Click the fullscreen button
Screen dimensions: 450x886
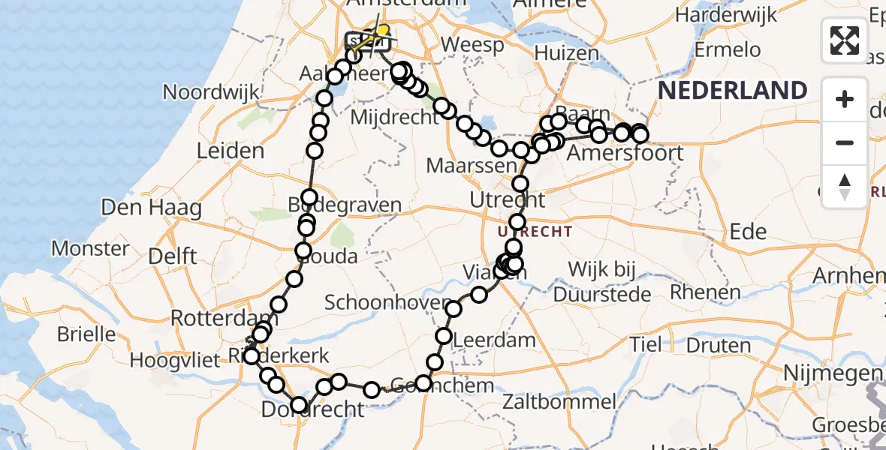845,40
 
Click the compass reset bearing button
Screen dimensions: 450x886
845,187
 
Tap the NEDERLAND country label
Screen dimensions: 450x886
733,91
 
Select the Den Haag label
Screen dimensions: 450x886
141,207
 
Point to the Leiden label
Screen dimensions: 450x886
230,151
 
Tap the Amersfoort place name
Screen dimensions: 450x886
625,154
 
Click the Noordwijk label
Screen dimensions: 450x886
211,93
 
